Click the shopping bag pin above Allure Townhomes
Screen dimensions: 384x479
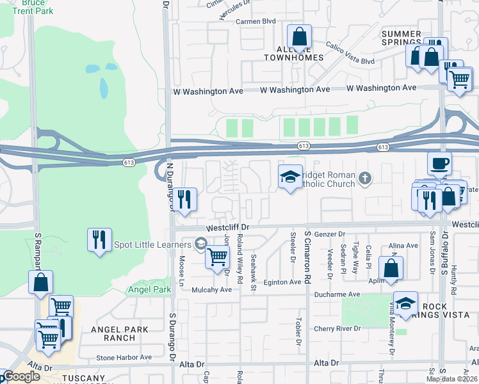tap(299, 38)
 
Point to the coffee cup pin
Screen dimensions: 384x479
tap(440, 164)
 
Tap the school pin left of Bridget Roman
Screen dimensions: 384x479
tap(290, 177)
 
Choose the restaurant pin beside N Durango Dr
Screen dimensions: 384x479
tap(184, 200)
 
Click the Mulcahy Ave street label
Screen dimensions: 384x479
tap(211, 290)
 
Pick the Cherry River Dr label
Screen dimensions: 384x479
tap(337, 329)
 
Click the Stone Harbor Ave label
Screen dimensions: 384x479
tap(124, 358)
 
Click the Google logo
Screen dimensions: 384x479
tap(20, 377)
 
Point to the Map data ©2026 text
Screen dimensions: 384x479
tap(451, 379)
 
